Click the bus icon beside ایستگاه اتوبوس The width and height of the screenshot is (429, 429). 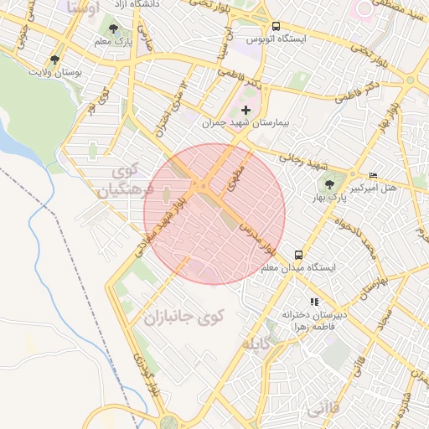pos(277,26)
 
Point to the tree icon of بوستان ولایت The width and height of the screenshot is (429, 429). pos(55,60)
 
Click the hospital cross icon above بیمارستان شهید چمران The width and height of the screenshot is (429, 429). pos(246,110)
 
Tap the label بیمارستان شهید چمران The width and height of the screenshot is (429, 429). pos(246,123)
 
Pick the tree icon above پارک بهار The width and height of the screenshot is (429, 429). pos(328,185)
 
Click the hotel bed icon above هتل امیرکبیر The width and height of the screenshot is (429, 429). pos(373,174)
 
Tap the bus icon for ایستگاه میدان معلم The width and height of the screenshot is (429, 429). pos(297,254)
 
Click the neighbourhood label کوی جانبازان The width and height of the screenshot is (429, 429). pos(183,318)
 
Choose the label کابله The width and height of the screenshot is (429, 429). pos(257,344)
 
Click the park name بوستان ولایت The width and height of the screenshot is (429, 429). pos(55,74)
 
